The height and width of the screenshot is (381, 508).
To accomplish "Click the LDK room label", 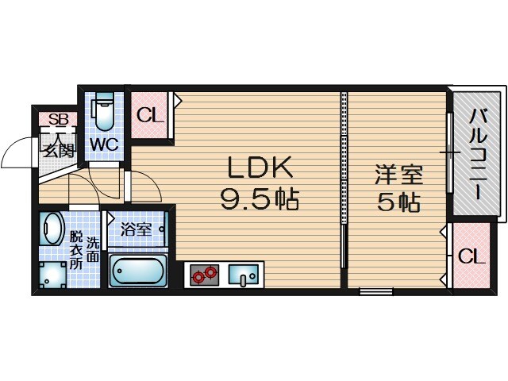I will pyautogui.click(x=260, y=167).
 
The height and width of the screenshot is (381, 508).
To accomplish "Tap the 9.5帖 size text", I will pyautogui.click(x=260, y=199).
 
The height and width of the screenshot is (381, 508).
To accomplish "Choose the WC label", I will pyautogui.click(x=103, y=144).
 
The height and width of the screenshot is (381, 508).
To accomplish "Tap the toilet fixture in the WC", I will pyautogui.click(x=103, y=113).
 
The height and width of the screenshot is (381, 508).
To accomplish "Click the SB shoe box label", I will pyautogui.click(x=58, y=120).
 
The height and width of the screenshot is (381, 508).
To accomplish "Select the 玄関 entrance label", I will pyautogui.click(x=58, y=148).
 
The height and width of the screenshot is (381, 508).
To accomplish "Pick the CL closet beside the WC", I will pyautogui.click(x=150, y=116).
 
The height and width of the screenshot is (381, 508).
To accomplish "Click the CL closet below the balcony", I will pyautogui.click(x=471, y=256).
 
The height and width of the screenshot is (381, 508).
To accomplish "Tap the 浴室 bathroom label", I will pyautogui.click(x=136, y=230).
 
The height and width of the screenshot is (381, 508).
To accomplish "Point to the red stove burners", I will pyautogui.click(x=203, y=275).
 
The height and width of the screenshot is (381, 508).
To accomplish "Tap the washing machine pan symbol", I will pyautogui.click(x=52, y=275).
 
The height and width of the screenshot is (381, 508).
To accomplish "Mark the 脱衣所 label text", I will pyautogui.click(x=75, y=250).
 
